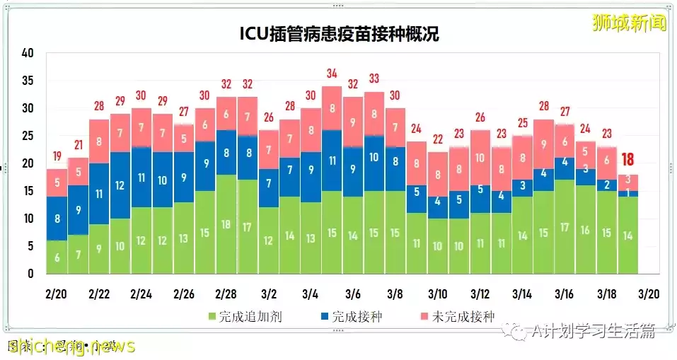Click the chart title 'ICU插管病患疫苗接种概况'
pos(338,34)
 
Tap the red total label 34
pos(332,73)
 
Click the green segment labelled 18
pos(226,224)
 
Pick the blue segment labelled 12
pos(120,185)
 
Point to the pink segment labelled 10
pos(480,158)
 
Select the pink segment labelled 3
pos(628,180)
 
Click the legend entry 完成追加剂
pos(245,316)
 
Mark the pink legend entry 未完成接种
pos(463,316)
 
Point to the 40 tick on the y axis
pos(28,53)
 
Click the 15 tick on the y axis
pos(28,191)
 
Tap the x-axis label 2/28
pos(226,294)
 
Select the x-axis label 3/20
pos(649,294)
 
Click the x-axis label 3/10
pos(438,294)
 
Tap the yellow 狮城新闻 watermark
pos(630,23)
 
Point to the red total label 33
pos(374,79)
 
